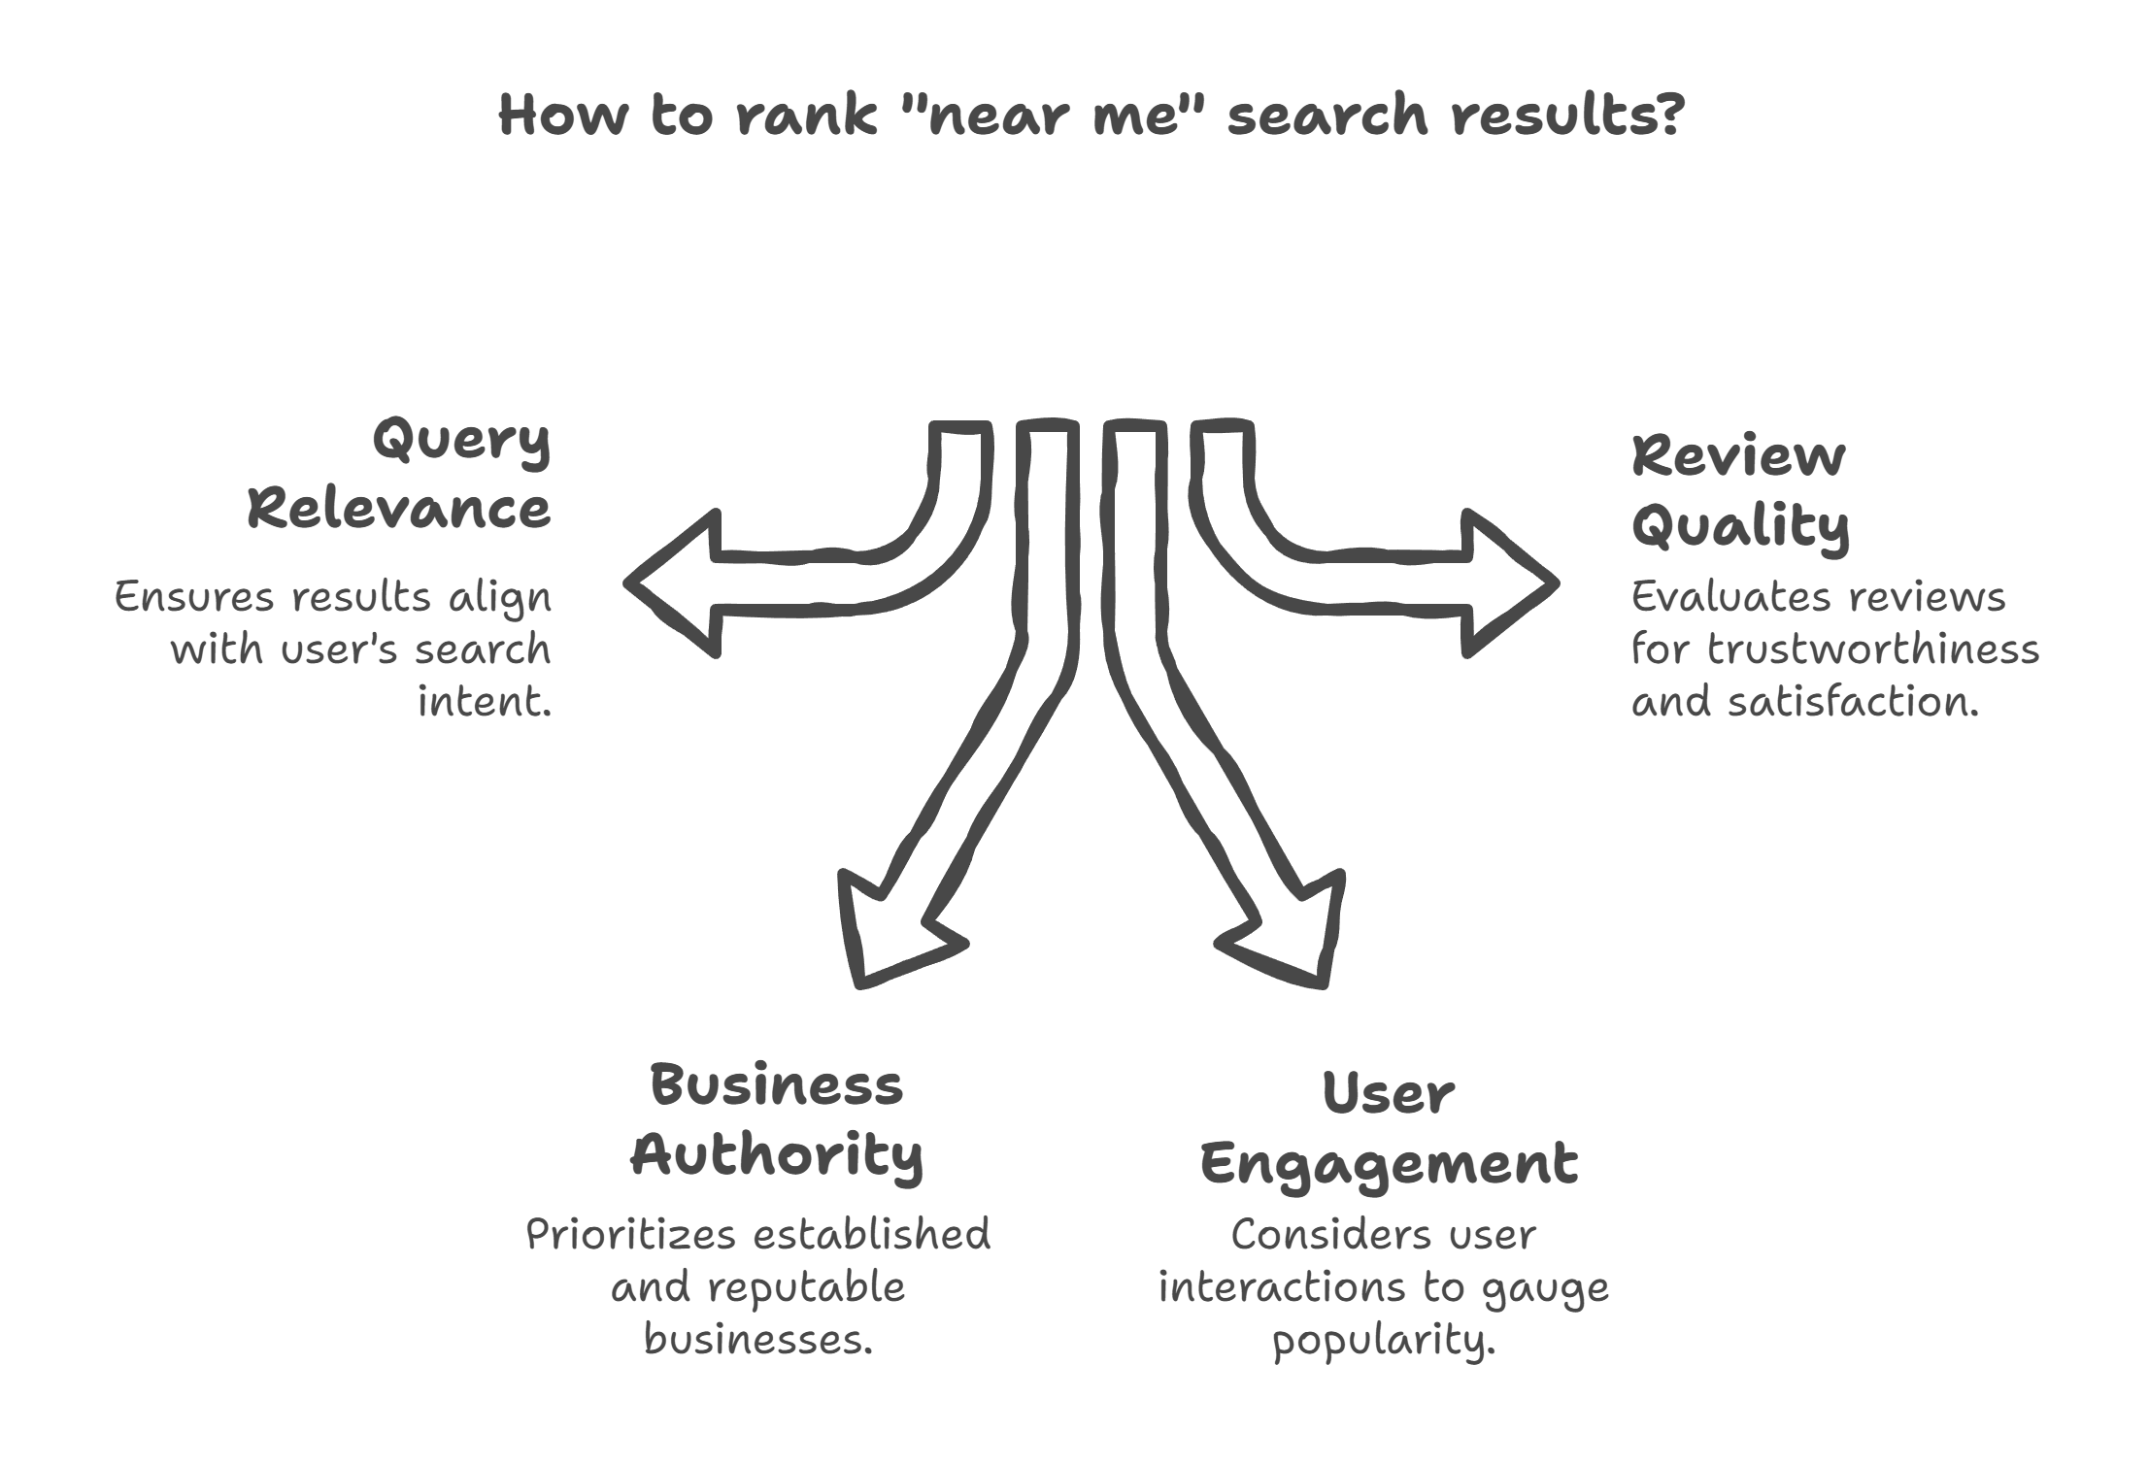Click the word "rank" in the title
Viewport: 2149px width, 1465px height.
805,115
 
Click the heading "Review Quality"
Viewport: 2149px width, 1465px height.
1739,491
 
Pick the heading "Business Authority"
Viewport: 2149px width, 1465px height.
777,1120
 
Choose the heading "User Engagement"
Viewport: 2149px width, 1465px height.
1389,1129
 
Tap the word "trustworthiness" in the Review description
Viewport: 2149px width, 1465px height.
1872,649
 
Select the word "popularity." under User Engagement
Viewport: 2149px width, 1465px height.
1384,1342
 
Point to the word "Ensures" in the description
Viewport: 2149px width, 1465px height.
192,597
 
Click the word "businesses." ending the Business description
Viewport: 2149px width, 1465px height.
758,1341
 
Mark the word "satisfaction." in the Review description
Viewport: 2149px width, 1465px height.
1852,701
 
